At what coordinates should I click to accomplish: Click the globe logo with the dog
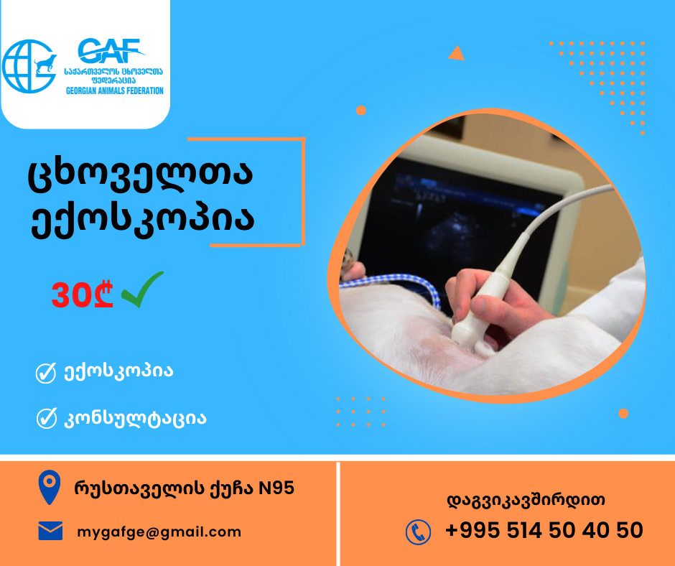[x=29, y=66]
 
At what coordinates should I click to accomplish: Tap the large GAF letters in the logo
[x=111, y=51]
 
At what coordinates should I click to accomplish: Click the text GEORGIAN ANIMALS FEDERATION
[x=114, y=91]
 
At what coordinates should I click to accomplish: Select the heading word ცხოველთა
[x=140, y=175]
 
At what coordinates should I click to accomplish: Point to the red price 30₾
[x=83, y=295]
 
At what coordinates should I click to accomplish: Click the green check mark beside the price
[x=142, y=289]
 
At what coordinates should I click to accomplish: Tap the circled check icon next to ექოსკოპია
[x=46, y=373]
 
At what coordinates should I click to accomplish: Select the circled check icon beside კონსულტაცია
[x=47, y=418]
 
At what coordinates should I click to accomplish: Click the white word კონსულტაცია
[x=135, y=419]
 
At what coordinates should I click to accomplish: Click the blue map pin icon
[x=50, y=487]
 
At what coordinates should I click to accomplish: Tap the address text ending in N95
[x=185, y=488]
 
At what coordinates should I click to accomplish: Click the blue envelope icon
[x=50, y=531]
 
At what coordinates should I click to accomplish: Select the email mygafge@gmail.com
[x=159, y=532]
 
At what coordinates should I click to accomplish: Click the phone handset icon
[x=418, y=532]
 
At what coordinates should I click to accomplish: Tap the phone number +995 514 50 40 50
[x=544, y=530]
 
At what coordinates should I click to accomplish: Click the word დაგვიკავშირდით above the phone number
[x=526, y=501]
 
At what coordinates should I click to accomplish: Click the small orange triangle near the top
[x=456, y=53]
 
